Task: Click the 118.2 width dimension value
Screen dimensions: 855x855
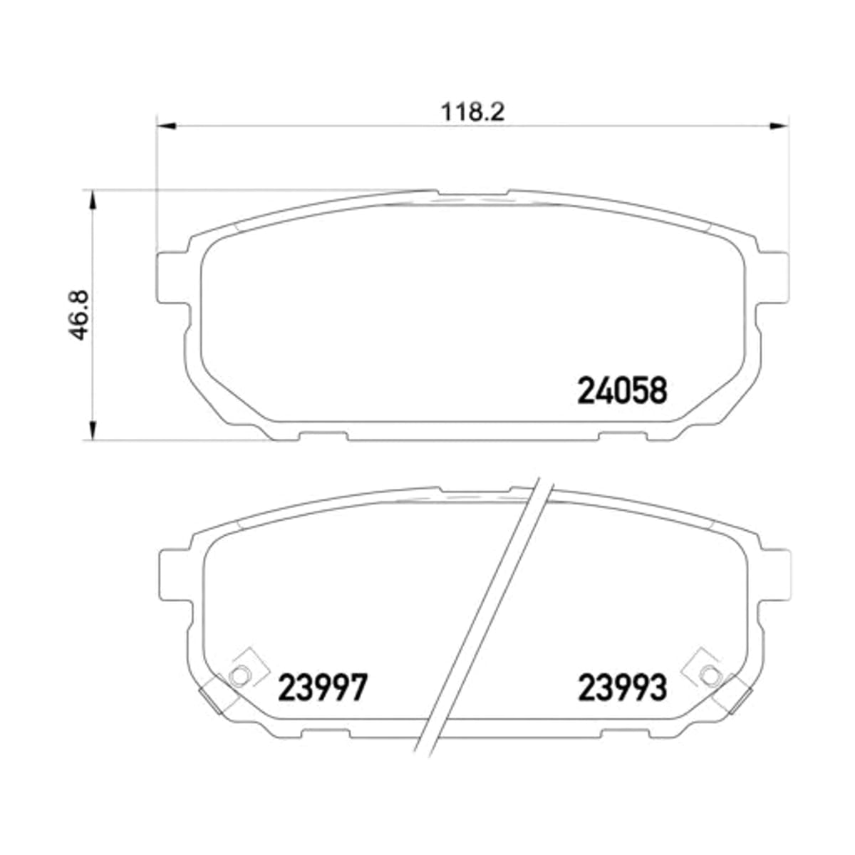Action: coord(472,113)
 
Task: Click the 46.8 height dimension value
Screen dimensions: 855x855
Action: coord(80,316)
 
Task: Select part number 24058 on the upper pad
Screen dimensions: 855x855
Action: coord(622,390)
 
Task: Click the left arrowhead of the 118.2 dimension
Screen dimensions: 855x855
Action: coord(167,126)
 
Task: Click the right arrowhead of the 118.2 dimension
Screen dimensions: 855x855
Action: coord(779,126)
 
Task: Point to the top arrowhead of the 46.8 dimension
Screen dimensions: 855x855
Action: coord(93,199)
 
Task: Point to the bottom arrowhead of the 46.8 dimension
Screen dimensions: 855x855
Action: coord(93,430)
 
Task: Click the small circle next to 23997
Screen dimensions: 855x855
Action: coord(239,688)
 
